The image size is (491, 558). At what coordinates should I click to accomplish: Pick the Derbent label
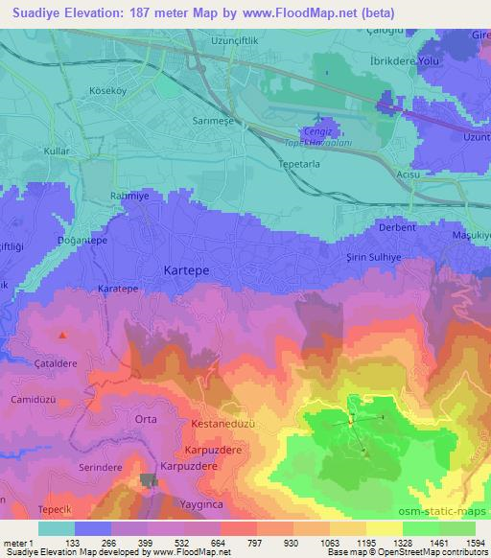pyautogui.click(x=397, y=227)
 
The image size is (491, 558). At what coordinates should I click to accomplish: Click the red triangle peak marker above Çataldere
pyautogui.click(x=63, y=336)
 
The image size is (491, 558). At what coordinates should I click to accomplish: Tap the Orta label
pyautogui.click(x=146, y=419)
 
